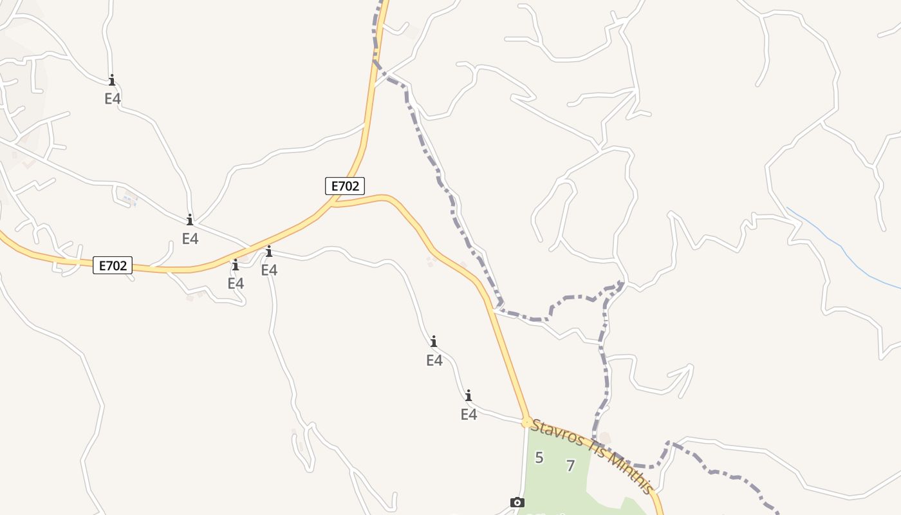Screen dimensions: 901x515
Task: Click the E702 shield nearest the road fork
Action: point(344,187)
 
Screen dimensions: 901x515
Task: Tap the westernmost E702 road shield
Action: point(113,265)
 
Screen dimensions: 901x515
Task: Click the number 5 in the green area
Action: point(539,458)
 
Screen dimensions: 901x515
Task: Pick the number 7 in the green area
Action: point(570,465)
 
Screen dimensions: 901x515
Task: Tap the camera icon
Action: point(517,502)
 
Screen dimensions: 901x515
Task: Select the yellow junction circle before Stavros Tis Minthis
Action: point(527,422)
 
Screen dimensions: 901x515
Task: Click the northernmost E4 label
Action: point(113,98)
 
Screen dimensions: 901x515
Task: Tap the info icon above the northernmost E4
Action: point(112,80)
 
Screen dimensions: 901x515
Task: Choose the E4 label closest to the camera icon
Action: point(469,415)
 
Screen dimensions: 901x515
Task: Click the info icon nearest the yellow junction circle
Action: point(469,395)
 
